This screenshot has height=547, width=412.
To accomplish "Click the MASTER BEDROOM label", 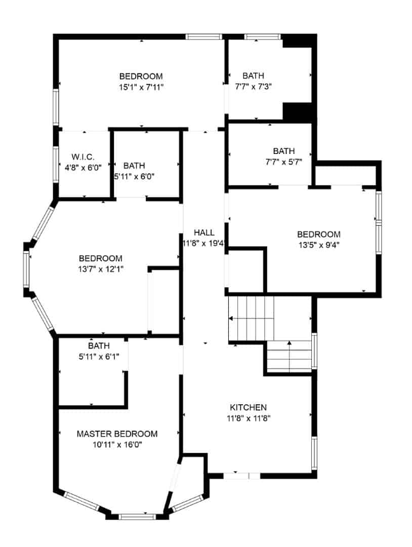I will click(117, 434).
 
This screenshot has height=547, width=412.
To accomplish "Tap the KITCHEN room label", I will click(248, 407).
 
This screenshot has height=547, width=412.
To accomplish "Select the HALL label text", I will click(204, 232).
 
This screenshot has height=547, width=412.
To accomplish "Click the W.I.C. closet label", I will click(83, 157).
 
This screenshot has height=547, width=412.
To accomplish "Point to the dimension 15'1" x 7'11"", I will click(141, 87).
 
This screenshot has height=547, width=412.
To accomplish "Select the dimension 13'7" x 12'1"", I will click(100, 269).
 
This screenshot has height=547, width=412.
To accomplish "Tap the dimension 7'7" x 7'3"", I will click(254, 87).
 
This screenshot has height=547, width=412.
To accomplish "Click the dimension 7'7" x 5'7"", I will click(283, 162).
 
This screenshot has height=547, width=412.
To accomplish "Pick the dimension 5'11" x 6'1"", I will click(99, 357).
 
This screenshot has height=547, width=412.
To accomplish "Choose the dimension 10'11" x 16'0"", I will click(117, 445).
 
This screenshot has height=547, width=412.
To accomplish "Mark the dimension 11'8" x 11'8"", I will click(248, 418).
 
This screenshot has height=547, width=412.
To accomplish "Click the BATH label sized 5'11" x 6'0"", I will click(134, 166).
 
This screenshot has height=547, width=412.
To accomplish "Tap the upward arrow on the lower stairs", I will click(289, 344).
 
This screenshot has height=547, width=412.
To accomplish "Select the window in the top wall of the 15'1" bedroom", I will click(204, 36).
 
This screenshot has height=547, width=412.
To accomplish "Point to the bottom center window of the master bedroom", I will click(137, 517).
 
